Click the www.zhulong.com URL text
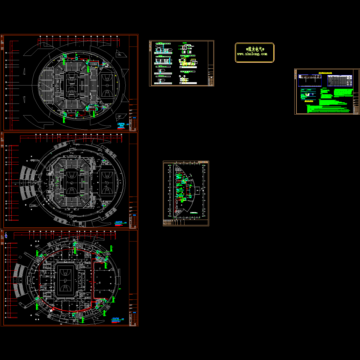(252, 54)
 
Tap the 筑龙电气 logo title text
(255, 49)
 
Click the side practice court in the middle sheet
(107, 182)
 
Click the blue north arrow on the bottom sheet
(6, 236)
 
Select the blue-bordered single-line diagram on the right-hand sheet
(310, 81)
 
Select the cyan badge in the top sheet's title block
(134, 118)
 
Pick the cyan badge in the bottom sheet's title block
(134, 313)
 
